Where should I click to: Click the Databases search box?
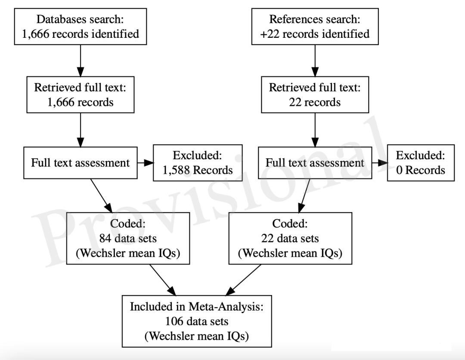[81, 27]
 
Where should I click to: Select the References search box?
[315, 27]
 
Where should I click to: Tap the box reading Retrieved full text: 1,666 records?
[81, 95]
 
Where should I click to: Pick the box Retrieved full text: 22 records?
[315, 95]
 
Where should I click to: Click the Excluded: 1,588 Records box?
[198, 163]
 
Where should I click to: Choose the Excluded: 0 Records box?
[421, 163]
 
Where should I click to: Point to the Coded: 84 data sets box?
[128, 238]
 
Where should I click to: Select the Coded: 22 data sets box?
[290, 238]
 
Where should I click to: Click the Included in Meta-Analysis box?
[197, 321]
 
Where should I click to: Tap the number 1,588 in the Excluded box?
[176, 170]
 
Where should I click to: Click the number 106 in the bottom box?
[174, 321]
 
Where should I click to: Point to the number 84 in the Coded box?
[105, 239]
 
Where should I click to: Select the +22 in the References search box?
[270, 34]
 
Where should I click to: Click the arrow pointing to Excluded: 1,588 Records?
[146, 163]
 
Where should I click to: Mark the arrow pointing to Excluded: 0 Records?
[380, 163]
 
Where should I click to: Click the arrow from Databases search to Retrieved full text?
[81, 61]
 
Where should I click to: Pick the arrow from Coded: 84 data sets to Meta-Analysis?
[163, 280]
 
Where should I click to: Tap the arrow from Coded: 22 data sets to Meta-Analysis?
[243, 280]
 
